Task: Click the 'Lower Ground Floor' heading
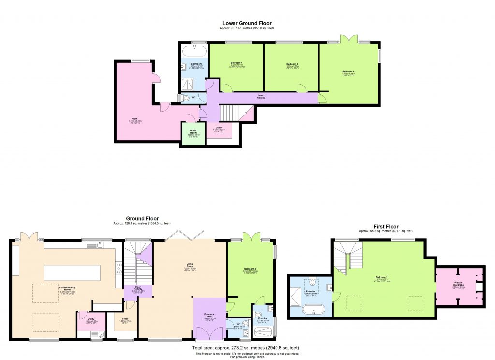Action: pyautogui.click(x=247, y=23)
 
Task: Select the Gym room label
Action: pyautogui.click(x=131, y=121)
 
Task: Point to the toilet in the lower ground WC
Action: pyautogui.click(x=187, y=98)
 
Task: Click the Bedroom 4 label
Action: pyautogui.click(x=236, y=64)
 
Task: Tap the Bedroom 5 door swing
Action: pyautogui.click(x=302, y=87)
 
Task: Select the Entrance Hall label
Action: pyautogui.click(x=209, y=318)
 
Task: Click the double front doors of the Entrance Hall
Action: pyautogui.click(x=210, y=333)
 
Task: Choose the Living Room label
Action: pyautogui.click(x=190, y=265)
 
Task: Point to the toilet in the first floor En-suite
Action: pyautogui.click(x=313, y=281)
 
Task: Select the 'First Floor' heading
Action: pyautogui.click(x=385, y=226)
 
